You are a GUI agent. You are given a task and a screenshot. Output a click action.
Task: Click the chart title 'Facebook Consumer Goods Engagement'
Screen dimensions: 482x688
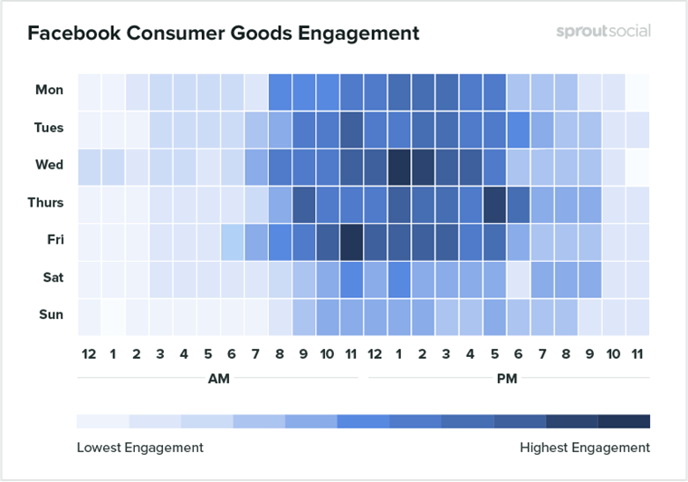click(223, 34)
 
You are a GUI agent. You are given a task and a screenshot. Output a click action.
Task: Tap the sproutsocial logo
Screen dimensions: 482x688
click(603, 32)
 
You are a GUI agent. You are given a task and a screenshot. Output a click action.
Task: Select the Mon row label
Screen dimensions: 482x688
click(49, 90)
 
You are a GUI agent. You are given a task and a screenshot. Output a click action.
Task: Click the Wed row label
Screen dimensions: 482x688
click(49, 165)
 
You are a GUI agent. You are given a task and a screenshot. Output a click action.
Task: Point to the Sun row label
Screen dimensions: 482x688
click(50, 314)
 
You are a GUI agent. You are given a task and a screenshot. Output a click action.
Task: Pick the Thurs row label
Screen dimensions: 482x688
click(45, 202)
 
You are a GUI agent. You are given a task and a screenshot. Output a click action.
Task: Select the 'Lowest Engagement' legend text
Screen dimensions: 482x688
click(139, 447)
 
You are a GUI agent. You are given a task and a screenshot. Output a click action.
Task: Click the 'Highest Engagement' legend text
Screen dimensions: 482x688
click(585, 447)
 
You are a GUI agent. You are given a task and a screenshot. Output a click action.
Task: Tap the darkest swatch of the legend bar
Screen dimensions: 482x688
click(624, 421)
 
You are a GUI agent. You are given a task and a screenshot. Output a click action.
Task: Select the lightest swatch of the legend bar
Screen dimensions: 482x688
click(102, 421)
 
